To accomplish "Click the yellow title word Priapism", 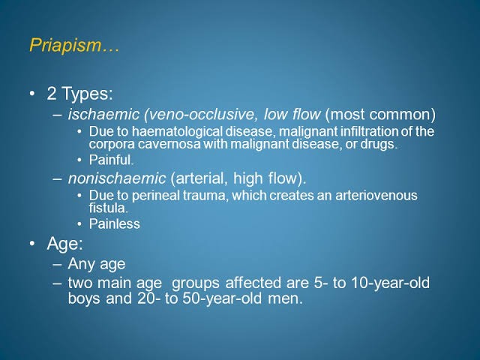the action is click(65, 45).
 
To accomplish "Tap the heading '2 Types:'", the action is click(80, 93).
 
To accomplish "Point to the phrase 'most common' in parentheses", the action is click(380, 114).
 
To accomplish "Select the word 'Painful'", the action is click(110, 160).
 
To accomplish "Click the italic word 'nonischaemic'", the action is click(117, 178).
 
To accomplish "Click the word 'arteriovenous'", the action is click(376, 195).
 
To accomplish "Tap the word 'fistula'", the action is click(107, 208).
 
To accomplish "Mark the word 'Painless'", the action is click(115, 223).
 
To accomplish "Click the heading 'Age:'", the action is click(65, 244).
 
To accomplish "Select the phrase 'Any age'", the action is click(97, 264).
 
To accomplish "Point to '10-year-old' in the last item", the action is click(390, 283).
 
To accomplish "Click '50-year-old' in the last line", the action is click(222, 298).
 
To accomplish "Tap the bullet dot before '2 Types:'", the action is click(32, 93).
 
